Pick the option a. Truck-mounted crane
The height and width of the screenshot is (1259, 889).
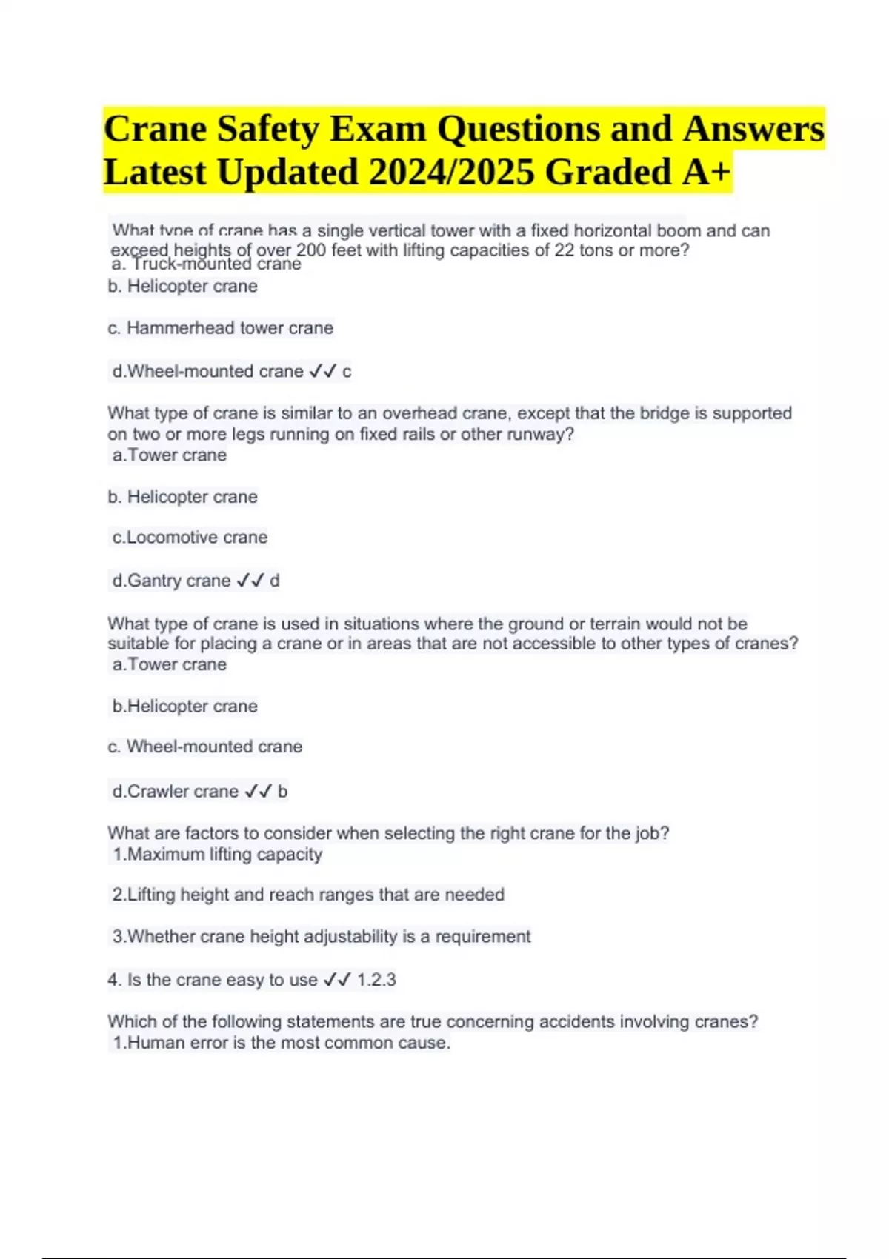(206, 264)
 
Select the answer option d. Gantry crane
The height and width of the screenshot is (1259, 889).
(171, 581)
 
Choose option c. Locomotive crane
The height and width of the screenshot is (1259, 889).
(190, 538)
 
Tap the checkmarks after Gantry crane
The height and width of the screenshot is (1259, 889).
(250, 581)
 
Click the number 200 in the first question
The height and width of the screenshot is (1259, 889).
(311, 250)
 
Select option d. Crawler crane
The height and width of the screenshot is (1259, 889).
(175, 792)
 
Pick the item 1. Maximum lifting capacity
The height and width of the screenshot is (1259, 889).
(217, 855)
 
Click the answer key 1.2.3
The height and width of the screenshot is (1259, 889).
(376, 980)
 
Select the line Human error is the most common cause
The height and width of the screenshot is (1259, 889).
(282, 1043)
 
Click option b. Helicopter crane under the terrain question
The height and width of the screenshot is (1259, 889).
(184, 707)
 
